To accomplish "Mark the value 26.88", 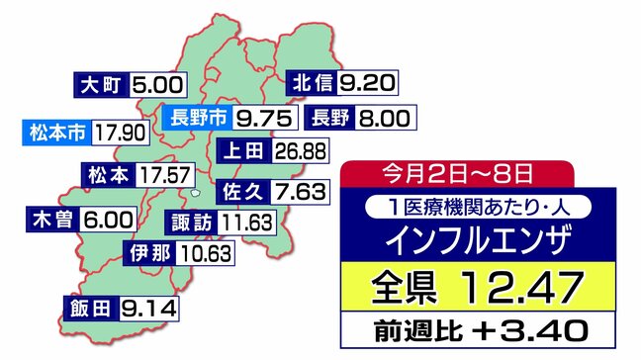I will (x=298, y=151).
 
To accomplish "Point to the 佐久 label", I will (x=241, y=188).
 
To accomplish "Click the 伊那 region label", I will (x=150, y=253).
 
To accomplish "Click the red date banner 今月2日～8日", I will (x=456, y=174).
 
